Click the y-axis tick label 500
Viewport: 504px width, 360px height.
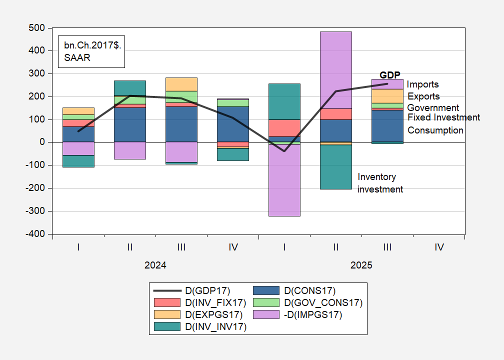(x=36, y=28)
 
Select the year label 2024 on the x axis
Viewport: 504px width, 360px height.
(x=155, y=265)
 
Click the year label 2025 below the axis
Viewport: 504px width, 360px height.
(x=361, y=265)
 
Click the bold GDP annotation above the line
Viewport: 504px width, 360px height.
(x=390, y=75)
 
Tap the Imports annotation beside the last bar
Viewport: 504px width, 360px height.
(x=422, y=84)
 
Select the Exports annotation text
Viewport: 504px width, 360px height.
(x=423, y=96)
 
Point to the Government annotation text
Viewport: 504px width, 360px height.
(x=433, y=108)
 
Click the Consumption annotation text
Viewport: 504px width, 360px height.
(x=435, y=130)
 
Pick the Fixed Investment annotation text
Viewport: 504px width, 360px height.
(x=443, y=117)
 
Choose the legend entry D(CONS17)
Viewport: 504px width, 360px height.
(x=304, y=290)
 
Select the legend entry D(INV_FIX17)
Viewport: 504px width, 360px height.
(x=212, y=302)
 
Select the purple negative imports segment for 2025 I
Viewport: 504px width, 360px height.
(x=284, y=180)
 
